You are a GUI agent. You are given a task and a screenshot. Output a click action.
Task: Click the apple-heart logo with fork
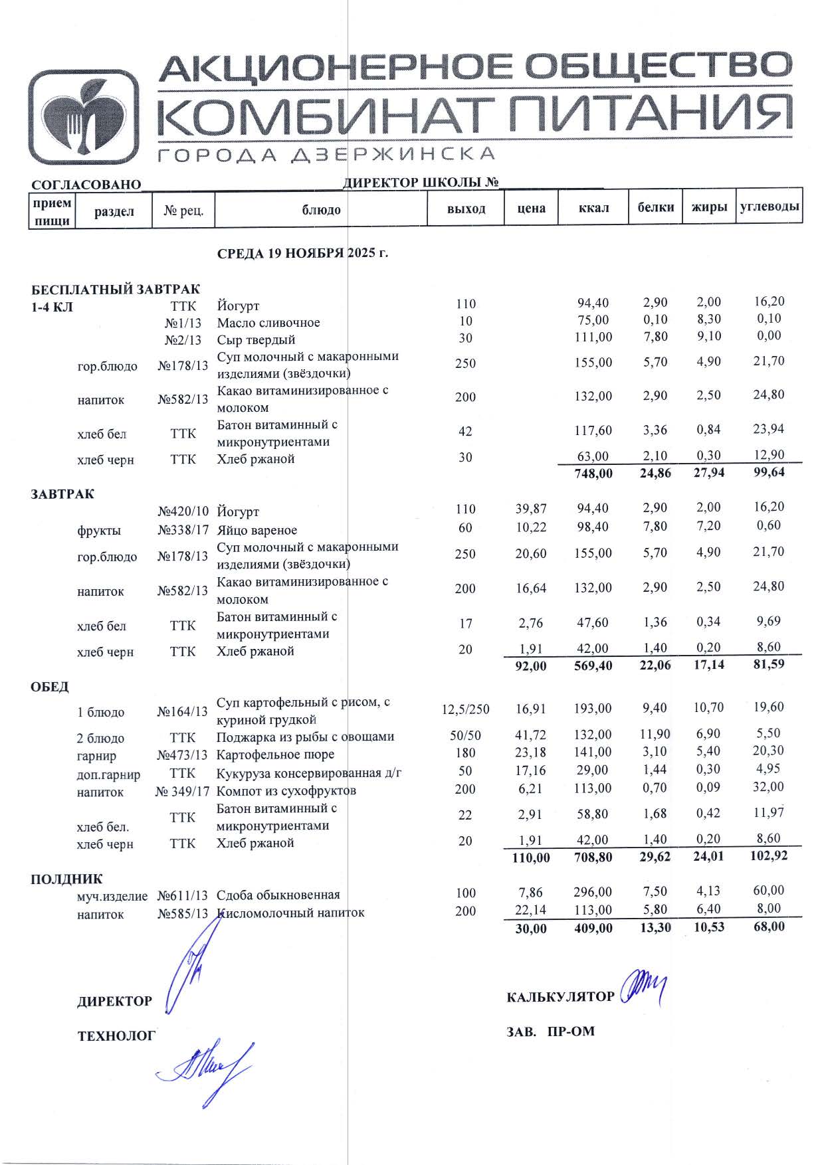click(x=83, y=117)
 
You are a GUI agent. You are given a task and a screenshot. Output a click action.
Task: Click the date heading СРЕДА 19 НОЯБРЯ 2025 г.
click(x=302, y=254)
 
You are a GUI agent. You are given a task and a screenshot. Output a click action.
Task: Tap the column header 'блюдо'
click(x=321, y=210)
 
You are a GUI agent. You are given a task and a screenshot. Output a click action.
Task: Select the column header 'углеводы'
click(x=769, y=207)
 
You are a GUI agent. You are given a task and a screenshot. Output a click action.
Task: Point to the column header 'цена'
click(x=531, y=209)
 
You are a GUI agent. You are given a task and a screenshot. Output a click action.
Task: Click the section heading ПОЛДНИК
click(x=66, y=879)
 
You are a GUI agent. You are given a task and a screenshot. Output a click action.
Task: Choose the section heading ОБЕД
click(x=50, y=686)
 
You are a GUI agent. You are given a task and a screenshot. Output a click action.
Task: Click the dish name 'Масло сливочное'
click(x=268, y=323)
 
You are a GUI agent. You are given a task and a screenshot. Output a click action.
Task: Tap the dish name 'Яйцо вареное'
click(x=257, y=530)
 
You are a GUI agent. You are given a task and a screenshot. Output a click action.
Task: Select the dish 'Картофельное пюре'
click(x=275, y=755)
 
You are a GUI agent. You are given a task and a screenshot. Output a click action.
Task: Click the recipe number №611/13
click(x=183, y=895)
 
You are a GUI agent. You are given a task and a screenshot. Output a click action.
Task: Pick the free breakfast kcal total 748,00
click(x=593, y=474)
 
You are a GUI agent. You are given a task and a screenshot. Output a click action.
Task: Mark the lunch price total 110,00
click(x=530, y=857)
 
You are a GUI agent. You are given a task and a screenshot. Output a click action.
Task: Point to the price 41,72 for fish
click(x=530, y=735)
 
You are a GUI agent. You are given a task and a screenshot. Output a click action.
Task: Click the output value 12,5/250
click(x=465, y=709)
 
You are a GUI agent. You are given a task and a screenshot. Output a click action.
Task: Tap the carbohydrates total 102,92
click(x=768, y=855)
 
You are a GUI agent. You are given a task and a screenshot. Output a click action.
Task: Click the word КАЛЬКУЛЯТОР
click(x=560, y=997)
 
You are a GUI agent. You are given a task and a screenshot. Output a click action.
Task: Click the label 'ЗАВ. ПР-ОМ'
click(x=550, y=1031)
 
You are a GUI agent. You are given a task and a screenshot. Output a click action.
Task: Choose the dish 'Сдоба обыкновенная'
click(x=278, y=895)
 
